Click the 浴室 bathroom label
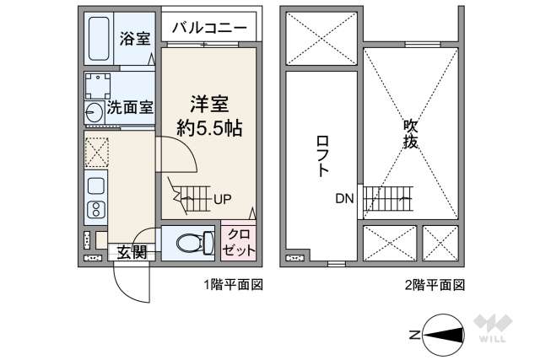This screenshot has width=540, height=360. point(135,38)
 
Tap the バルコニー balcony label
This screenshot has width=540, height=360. point(209,29)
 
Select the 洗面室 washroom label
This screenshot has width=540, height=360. point(129,108)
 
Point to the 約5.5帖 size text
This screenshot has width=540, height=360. point(209,128)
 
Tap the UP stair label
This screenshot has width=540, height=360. point(223,200)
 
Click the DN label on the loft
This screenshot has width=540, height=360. point(344,200)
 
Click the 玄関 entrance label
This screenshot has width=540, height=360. point(132,251)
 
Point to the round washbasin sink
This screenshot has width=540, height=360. point(94,111)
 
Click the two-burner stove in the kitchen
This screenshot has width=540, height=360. point(95,208)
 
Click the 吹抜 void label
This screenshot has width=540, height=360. point(411,134)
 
